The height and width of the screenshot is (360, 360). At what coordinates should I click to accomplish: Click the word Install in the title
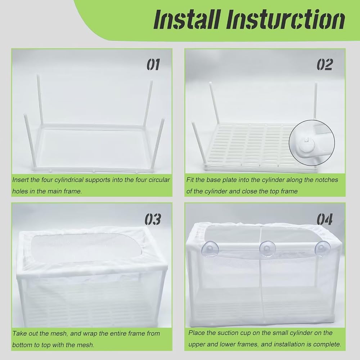(187, 20)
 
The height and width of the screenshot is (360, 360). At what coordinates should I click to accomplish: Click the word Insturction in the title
(285, 20)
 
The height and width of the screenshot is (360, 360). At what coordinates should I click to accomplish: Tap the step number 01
(153, 64)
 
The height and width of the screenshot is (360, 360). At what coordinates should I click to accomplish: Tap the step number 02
(324, 64)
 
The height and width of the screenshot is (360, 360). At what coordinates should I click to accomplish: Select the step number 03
(153, 219)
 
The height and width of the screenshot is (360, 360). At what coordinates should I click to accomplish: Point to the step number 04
(324, 219)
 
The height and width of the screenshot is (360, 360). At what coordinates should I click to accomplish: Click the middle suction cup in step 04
(267, 249)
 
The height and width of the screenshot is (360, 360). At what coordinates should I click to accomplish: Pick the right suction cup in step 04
(322, 248)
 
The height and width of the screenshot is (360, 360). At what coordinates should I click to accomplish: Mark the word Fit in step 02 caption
(190, 180)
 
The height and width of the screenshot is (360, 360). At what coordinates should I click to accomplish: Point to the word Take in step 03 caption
(19, 333)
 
